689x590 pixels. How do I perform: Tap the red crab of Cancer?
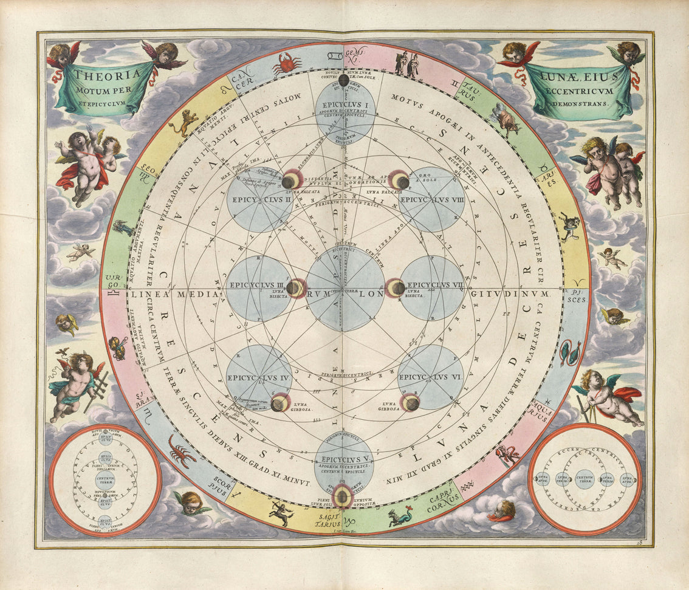tap(286, 63)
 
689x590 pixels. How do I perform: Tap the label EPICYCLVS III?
tap(256, 284)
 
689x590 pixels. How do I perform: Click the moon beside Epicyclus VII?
tap(396, 288)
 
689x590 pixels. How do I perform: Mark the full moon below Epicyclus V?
tap(343, 497)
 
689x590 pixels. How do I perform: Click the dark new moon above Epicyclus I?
tap(344, 79)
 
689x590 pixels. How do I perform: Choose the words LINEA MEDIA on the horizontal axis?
tap(174, 294)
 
